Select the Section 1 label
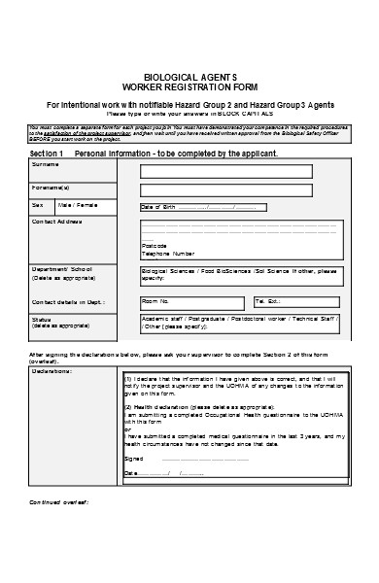pos(47,154)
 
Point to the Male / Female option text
pos(78,205)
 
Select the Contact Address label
pos(57,222)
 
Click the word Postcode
pos(155,245)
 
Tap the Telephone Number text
pos(168,253)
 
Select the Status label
pos(42,318)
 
